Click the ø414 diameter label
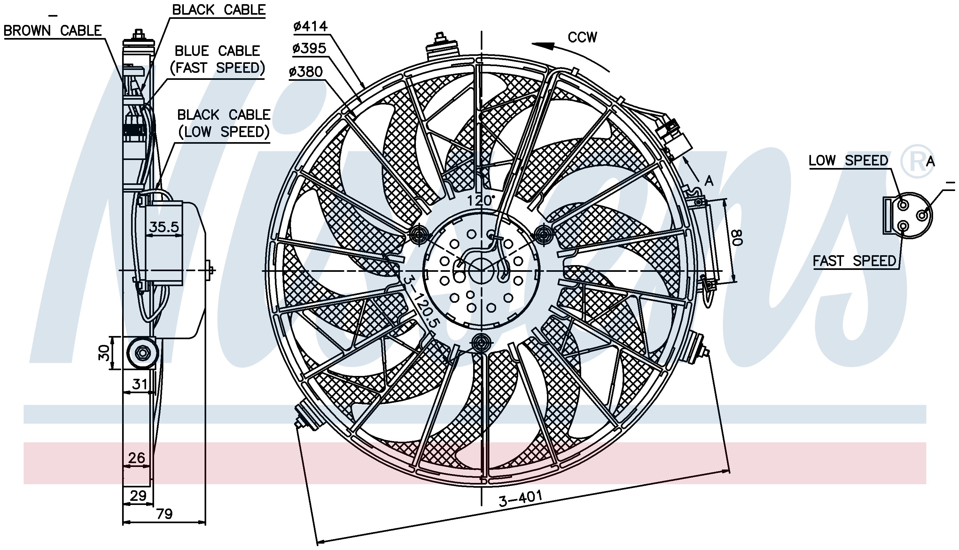click(x=310, y=26)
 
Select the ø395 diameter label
click(x=309, y=48)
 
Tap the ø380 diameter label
click(x=305, y=72)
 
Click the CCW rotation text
click(x=582, y=37)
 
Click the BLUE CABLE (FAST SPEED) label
click(x=217, y=59)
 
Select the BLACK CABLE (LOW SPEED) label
click(x=224, y=123)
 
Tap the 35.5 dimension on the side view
click(x=164, y=227)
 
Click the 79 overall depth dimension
click(x=164, y=514)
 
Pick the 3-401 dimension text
click(x=520, y=498)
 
